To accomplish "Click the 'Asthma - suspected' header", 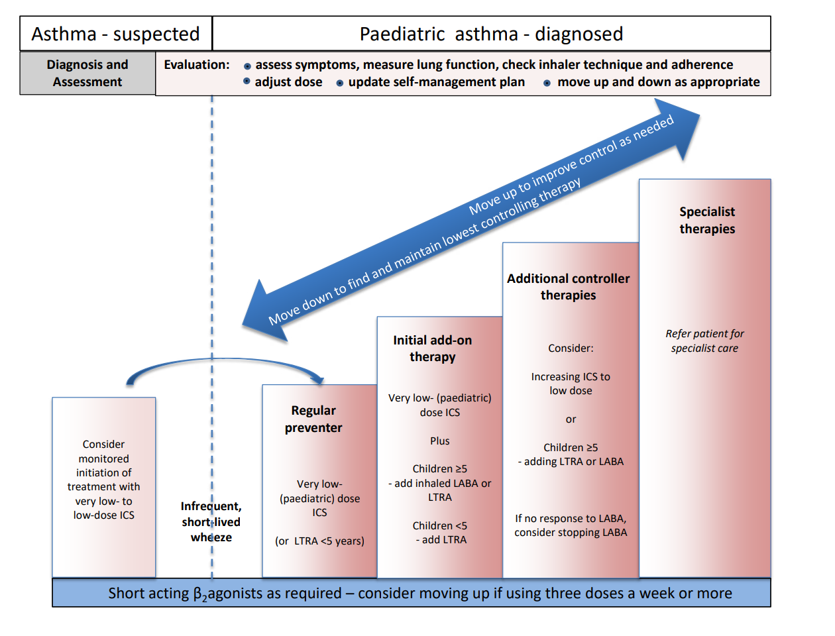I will [115, 34].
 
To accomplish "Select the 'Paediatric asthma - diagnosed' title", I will [491, 34].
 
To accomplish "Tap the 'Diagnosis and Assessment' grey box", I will [87, 73].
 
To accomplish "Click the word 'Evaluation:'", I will [197, 65].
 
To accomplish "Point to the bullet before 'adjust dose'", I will [247, 81].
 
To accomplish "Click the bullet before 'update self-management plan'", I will [340, 83].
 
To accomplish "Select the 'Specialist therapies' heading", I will [707, 220].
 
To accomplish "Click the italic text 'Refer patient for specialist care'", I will [704, 341].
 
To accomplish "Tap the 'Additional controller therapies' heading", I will [568, 287].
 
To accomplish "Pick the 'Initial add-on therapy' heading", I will [432, 348].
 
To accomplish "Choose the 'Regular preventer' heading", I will [313, 419].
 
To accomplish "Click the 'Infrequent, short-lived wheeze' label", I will [211, 521].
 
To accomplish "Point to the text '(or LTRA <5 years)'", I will [319, 541].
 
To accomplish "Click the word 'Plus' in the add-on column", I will [439, 441].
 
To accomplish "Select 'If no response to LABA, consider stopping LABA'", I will [571, 525].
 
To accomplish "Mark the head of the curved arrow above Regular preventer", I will [319, 380].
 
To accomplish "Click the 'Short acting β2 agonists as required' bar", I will [411, 593].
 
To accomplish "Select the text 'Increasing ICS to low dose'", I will [571, 384].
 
